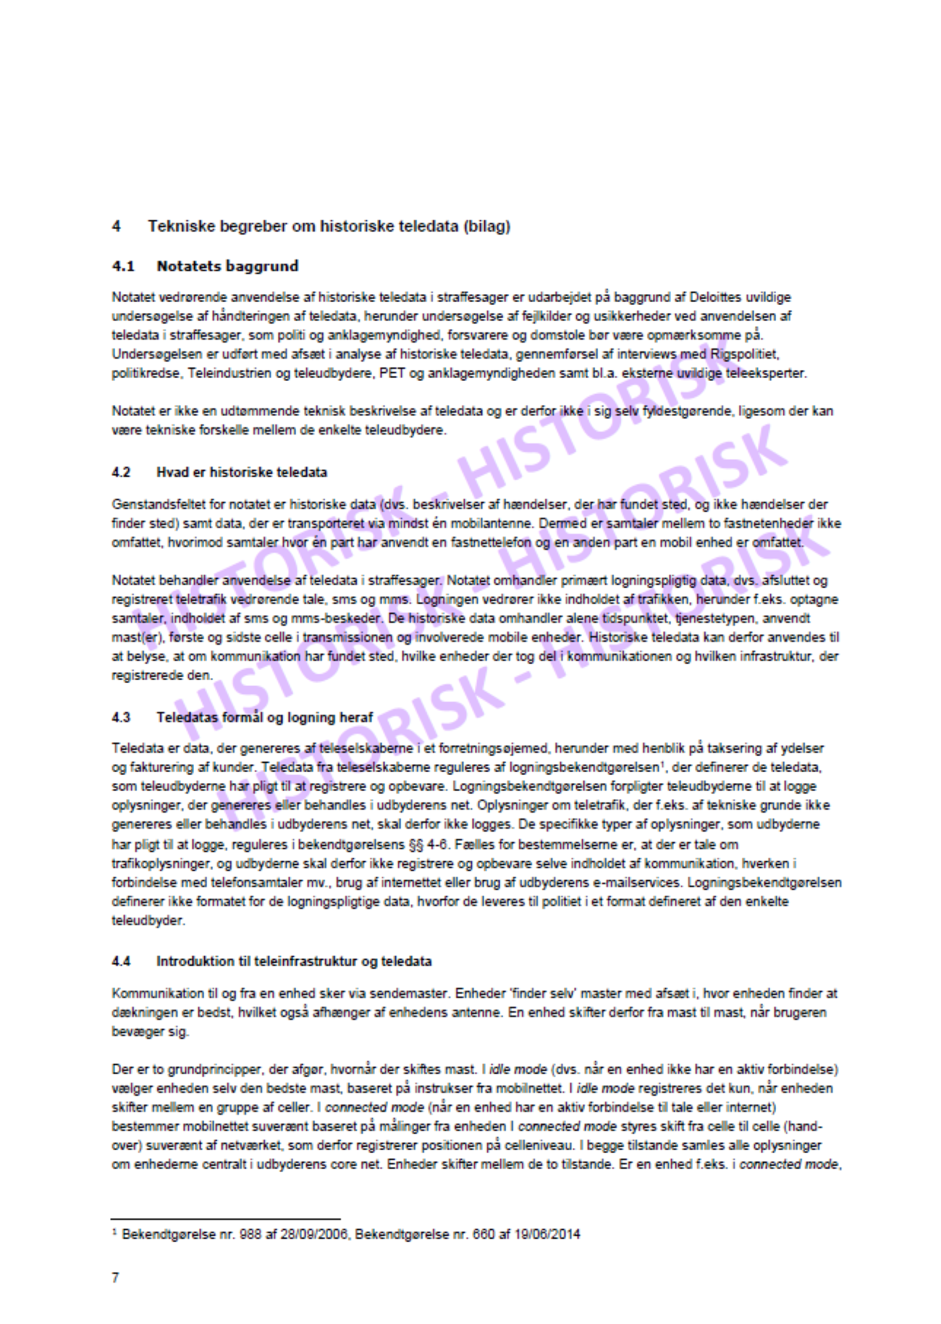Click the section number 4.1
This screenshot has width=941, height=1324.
point(123,266)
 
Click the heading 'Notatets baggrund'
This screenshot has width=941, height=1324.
point(227,266)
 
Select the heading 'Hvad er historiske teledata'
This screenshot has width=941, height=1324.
point(242,472)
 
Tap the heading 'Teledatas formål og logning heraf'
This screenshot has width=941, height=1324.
point(264,717)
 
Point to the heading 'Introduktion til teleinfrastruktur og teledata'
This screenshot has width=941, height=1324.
point(294,961)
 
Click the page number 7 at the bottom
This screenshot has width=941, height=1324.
point(115,1278)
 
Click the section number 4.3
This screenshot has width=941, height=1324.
point(121,717)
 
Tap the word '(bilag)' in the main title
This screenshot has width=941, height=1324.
point(487,226)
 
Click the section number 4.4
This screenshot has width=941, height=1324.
point(121,961)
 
